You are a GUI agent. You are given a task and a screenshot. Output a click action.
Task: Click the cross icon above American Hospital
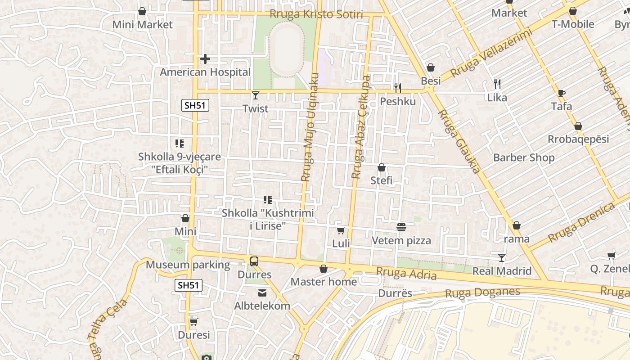(205, 59)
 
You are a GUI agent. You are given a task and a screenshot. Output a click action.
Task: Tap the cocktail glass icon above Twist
(256, 95)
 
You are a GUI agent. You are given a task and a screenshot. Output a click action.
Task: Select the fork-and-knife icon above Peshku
(398, 88)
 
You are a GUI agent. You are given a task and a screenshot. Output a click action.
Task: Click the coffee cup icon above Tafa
(561, 93)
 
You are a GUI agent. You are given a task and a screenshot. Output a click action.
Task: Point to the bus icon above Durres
(254, 261)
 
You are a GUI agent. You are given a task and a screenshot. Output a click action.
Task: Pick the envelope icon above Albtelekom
(262, 293)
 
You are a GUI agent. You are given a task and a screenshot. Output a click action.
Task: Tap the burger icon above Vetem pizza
(401, 227)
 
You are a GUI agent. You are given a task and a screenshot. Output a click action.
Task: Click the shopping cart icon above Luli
(341, 231)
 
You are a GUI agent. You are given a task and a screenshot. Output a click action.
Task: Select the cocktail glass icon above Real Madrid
(502, 257)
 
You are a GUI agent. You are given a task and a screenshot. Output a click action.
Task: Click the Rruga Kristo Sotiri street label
(316, 14)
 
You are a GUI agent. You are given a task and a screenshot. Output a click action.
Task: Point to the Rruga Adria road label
(406, 273)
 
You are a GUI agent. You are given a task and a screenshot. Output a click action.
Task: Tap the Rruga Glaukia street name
(459, 141)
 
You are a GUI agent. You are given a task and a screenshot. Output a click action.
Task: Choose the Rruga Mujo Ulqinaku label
(310, 127)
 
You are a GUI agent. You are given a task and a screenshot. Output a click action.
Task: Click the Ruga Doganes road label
(482, 292)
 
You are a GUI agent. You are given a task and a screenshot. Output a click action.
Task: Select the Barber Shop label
(524, 157)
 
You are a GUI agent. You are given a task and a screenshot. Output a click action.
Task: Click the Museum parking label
(188, 265)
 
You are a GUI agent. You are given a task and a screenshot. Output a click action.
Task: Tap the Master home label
(324, 282)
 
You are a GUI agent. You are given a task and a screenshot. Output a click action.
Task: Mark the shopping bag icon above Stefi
(382, 168)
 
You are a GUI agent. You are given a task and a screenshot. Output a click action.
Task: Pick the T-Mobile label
(573, 24)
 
